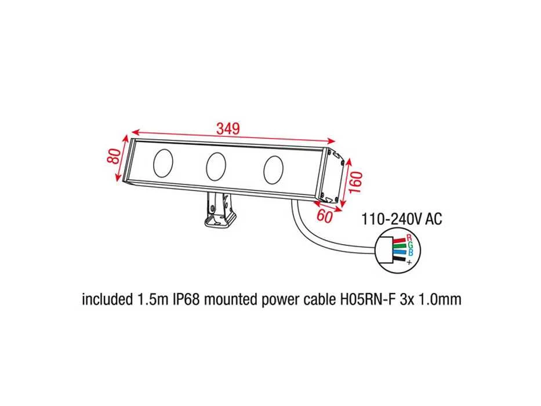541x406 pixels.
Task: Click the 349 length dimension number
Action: [228, 128]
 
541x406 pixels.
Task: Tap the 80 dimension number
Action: [114, 156]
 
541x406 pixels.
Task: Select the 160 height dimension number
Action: [355, 182]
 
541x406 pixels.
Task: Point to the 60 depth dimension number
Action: [324, 216]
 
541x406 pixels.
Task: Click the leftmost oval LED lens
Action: [163, 162]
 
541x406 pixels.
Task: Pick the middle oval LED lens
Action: [216, 166]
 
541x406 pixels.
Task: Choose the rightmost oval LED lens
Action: [273, 170]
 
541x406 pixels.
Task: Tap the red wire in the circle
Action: [399, 240]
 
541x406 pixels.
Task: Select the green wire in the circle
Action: [400, 246]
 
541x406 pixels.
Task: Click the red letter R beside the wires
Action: [409, 238]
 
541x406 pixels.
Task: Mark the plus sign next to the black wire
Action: [409, 262]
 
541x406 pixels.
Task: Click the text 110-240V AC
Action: [401, 219]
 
